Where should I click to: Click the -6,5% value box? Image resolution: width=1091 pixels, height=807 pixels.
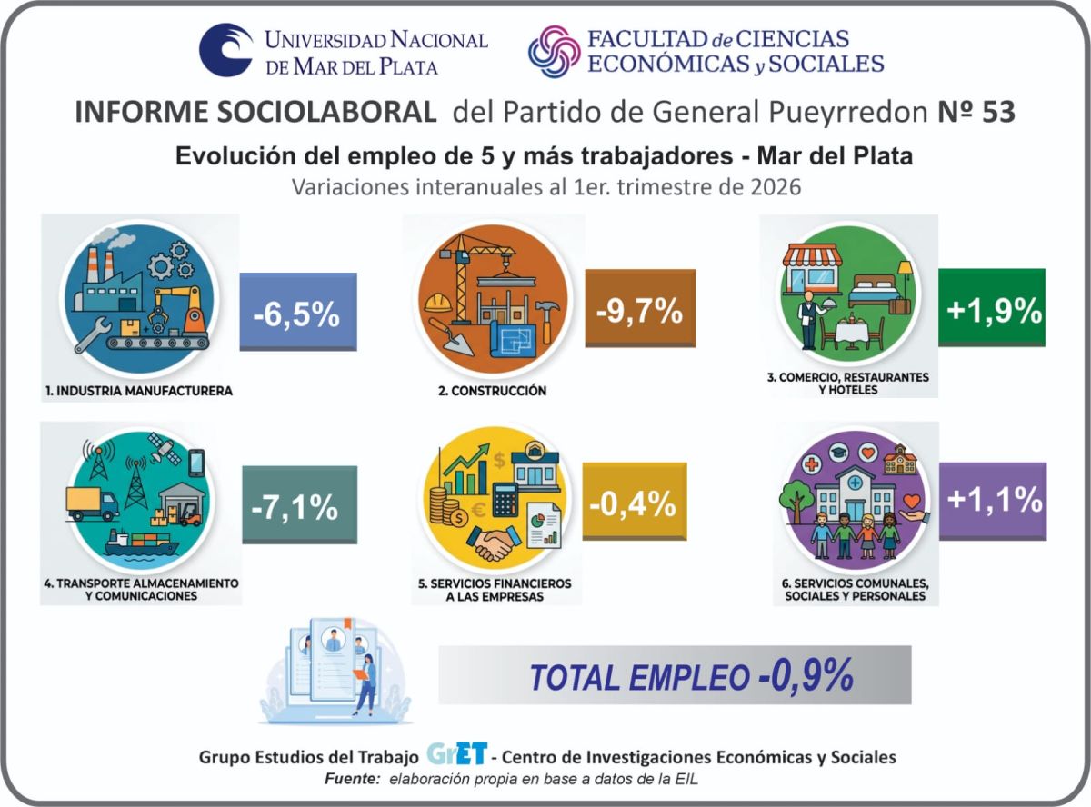click(298, 312)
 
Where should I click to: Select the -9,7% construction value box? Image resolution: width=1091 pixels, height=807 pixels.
click(640, 308)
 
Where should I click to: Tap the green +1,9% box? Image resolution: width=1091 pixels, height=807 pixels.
click(992, 307)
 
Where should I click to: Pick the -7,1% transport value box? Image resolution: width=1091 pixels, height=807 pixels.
click(299, 504)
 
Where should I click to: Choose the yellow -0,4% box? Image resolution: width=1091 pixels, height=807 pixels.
click(635, 501)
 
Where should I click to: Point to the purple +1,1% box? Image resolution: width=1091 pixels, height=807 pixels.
click(993, 501)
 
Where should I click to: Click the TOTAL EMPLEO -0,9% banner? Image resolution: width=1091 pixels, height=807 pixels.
click(675, 674)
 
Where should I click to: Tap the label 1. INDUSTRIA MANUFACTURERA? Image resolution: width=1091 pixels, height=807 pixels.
click(139, 391)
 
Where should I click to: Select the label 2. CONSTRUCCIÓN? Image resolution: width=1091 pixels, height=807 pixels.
click(493, 391)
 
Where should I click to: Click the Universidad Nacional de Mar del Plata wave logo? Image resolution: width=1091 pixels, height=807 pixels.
click(225, 50)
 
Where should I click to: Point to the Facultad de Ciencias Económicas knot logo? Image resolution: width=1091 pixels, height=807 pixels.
click(555, 51)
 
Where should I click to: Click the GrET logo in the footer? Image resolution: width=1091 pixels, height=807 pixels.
click(457, 752)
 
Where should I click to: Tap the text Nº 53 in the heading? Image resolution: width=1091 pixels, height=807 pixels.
click(976, 112)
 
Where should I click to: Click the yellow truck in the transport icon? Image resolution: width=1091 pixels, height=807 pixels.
click(93, 503)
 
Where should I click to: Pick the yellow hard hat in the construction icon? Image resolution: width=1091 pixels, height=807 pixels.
click(438, 303)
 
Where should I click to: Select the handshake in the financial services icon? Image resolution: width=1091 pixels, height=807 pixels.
click(494, 542)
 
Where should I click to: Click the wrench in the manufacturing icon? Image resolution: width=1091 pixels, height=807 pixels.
click(93, 334)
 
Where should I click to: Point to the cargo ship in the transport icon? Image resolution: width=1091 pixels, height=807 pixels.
click(141, 543)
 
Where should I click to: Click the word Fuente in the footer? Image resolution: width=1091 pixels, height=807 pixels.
click(352, 779)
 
